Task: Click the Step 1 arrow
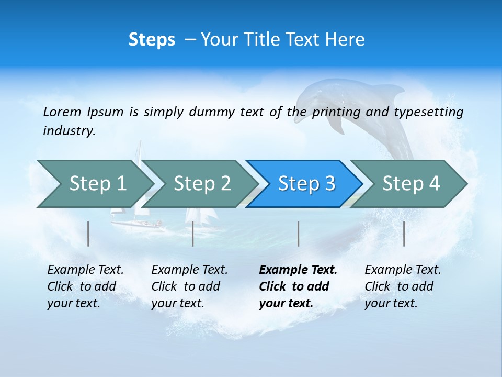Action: pos(94,183)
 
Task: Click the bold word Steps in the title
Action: pos(152,40)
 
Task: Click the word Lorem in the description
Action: pos(62,112)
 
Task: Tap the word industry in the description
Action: pos(69,131)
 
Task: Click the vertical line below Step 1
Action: pos(88,234)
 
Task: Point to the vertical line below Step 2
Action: pos(193,234)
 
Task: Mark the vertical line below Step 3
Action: pos(299,234)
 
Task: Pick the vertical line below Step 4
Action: pos(404,234)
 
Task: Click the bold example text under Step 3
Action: pos(298,286)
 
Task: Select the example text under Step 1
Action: pos(85,286)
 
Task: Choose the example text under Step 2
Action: pos(189,286)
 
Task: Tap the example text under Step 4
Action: pos(402,286)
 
